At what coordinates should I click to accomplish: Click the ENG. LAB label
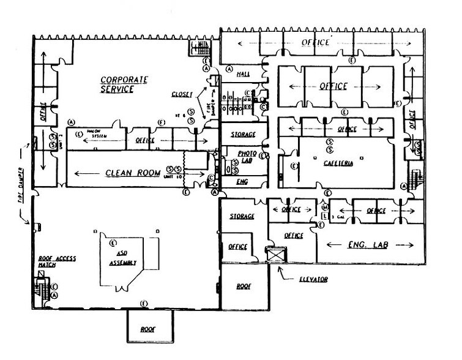(367, 244)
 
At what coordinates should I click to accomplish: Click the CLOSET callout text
(184, 94)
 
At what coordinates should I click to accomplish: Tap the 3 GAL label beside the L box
(337, 217)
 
